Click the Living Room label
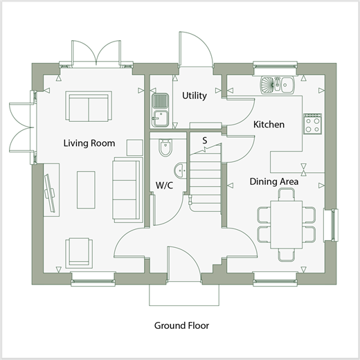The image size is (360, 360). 89,143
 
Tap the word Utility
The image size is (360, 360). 195,96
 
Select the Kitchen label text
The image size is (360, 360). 269,125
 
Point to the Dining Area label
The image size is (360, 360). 274,181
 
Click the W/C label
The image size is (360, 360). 164,186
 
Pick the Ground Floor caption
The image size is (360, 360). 181,325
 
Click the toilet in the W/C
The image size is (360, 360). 165,147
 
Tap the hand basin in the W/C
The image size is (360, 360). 180,170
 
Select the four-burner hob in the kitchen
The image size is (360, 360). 312,124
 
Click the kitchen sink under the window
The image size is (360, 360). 278,85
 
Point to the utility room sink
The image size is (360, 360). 160,110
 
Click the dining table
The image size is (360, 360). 287,224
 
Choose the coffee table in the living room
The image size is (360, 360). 86,190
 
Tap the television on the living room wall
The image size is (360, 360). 50,193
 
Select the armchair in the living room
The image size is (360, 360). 79,253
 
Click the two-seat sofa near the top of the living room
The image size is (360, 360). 89,107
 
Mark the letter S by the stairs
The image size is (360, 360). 205,141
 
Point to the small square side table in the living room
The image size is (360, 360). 135,147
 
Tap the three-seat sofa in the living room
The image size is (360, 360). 127,190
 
